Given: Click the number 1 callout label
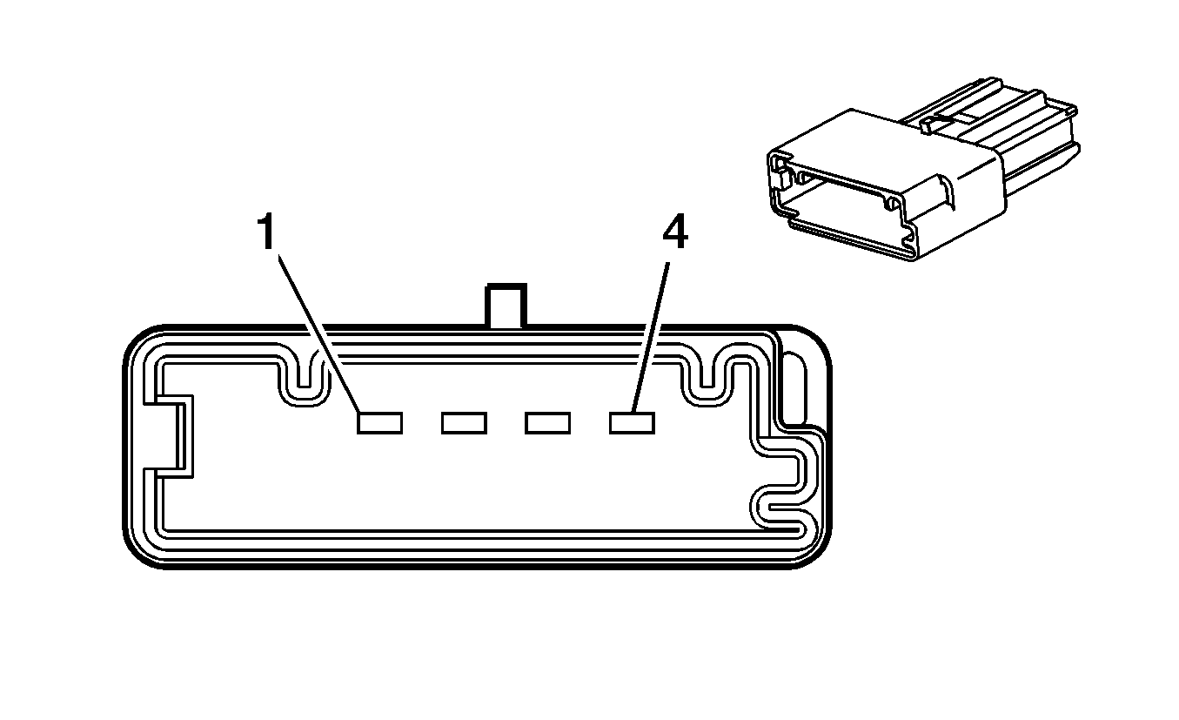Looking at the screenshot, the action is click(267, 231).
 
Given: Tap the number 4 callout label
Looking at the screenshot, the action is click(675, 232).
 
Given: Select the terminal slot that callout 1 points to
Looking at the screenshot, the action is click(379, 423).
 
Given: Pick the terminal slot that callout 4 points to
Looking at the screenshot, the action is click(632, 423).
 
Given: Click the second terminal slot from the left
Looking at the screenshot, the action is click(464, 423).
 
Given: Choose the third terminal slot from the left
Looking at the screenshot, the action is click(548, 423).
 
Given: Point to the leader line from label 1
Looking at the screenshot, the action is click(319, 333).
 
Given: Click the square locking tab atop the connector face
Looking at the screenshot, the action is click(506, 306).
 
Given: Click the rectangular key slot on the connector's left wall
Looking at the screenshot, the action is click(170, 437).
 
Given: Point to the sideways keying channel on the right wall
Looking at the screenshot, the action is click(784, 482).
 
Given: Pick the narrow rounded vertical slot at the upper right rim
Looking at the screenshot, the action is click(794, 388).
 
